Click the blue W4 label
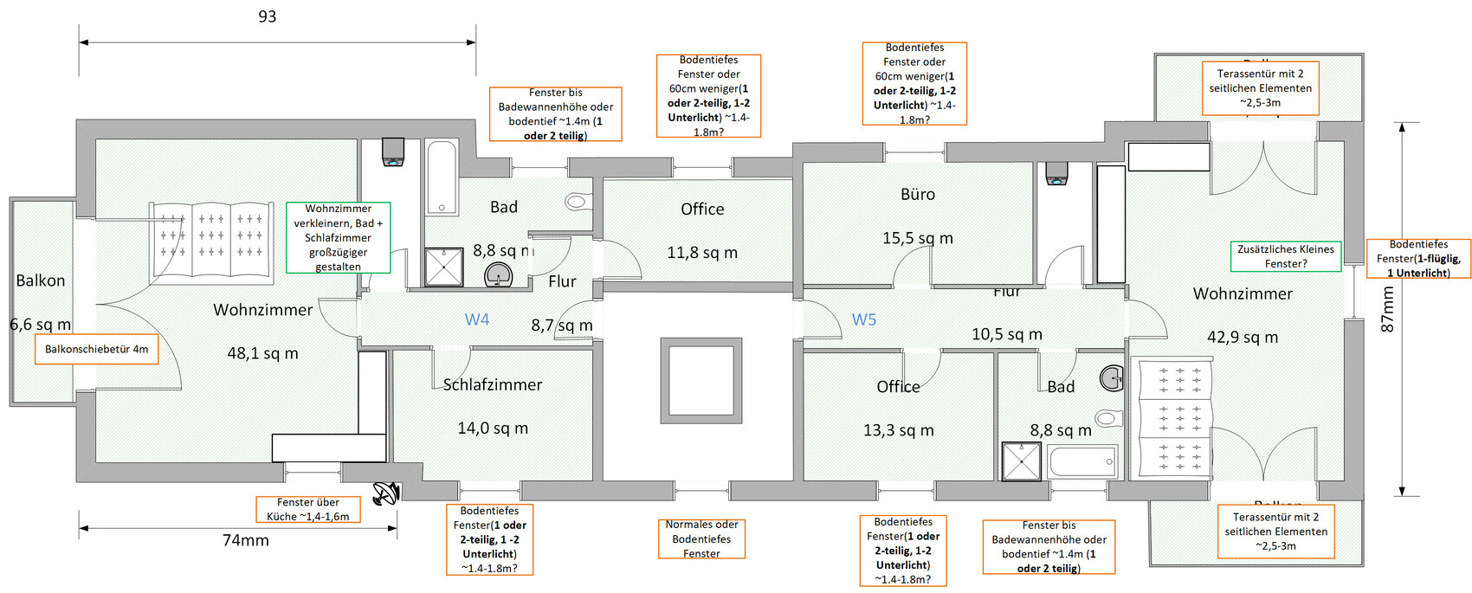click(477, 319)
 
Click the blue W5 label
click(864, 319)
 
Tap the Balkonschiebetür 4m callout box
click(96, 349)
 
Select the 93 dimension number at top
click(268, 16)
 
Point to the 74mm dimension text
click(246, 540)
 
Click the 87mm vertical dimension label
click(1387, 309)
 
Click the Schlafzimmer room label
click(493, 384)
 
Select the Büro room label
click(918, 194)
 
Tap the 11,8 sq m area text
click(702, 253)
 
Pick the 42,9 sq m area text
click(1243, 337)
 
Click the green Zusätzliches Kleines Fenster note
click(1286, 256)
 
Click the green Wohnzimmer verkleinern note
click(338, 237)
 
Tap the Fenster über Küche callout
click(307, 509)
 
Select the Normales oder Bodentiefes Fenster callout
click(701, 538)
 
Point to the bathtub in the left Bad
click(442, 177)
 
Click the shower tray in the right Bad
click(1022, 461)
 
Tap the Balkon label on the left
click(41, 280)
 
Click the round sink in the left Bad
click(498, 276)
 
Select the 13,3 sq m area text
click(899, 430)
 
